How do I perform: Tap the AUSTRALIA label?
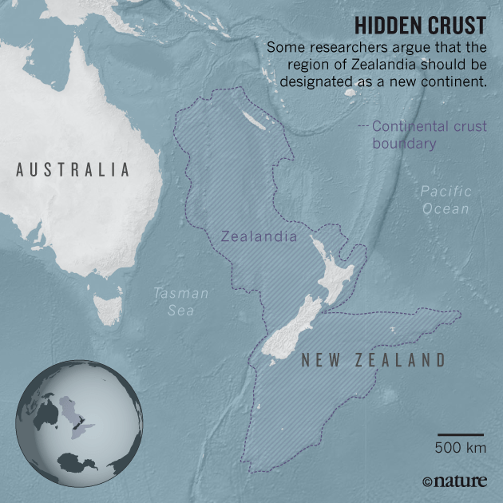(x=73, y=169)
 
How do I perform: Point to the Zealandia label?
(x=259, y=236)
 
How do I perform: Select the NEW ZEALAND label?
(x=373, y=360)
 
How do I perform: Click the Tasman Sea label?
(x=181, y=302)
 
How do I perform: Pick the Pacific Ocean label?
(x=446, y=200)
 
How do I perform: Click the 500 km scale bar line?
(x=461, y=434)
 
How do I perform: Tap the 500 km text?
(x=461, y=449)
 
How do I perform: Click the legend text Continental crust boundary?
(x=429, y=135)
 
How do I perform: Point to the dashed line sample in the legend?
(x=363, y=126)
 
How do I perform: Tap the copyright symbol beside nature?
(x=427, y=481)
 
